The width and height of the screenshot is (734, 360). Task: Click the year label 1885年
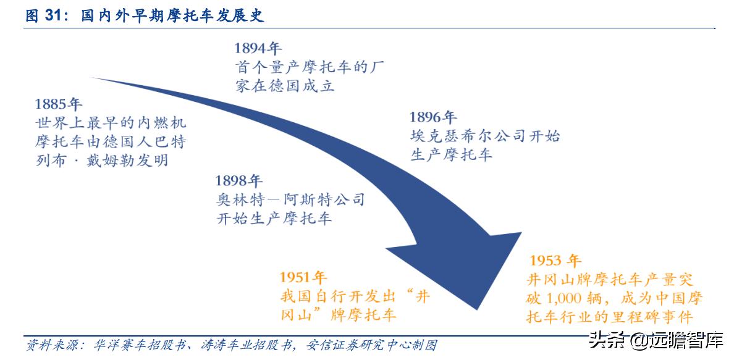coord(58,103)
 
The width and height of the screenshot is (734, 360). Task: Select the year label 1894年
coord(258,48)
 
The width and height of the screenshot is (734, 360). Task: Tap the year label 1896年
coord(432,117)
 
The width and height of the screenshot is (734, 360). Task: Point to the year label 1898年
coord(238,181)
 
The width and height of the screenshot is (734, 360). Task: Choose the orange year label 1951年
coord(303,277)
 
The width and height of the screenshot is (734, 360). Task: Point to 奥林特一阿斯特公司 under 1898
coord(290,199)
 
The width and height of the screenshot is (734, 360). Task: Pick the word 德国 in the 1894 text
coord(285,86)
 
